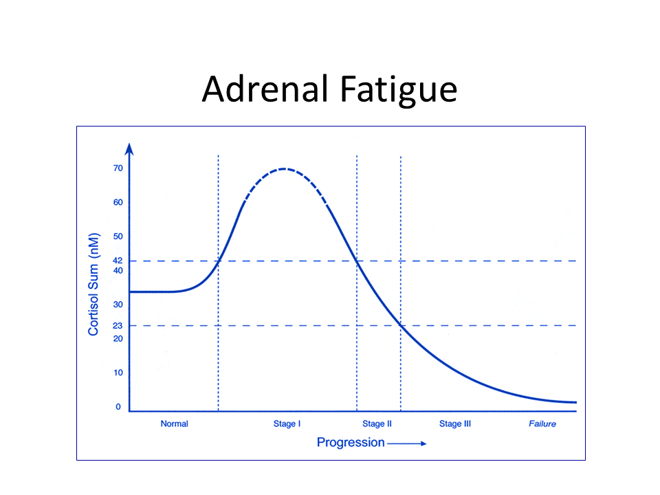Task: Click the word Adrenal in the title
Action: tap(265, 89)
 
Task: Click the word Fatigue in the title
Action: tap(398, 91)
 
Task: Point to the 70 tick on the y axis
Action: tap(118, 168)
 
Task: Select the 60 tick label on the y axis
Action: tap(118, 202)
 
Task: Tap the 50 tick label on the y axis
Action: tap(118, 236)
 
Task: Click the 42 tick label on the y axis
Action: tap(118, 261)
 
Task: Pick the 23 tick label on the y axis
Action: tap(118, 326)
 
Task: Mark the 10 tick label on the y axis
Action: tap(118, 373)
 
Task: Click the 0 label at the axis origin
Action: tap(118, 407)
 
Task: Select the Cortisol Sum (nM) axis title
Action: tap(93, 284)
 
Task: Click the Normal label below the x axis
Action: tap(174, 424)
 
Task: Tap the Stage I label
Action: tap(287, 424)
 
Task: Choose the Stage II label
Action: tap(377, 424)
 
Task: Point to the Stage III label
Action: tap(455, 424)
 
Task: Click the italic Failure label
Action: tap(542, 424)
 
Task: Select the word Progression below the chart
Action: tap(351, 443)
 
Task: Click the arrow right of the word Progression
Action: tap(407, 443)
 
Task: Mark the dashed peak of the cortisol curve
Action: tap(285, 169)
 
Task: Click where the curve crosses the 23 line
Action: tap(400, 326)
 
